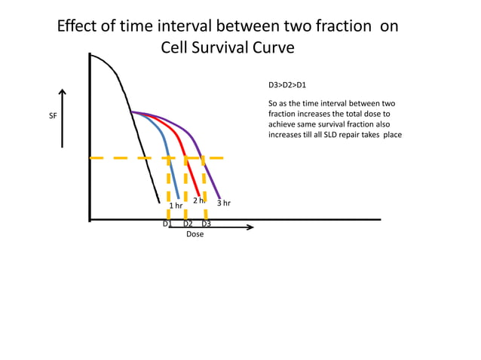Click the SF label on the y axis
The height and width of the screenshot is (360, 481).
(x=53, y=117)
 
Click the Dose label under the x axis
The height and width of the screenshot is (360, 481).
(x=195, y=234)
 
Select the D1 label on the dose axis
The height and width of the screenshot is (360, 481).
(x=167, y=224)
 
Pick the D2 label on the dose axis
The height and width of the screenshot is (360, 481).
(x=188, y=224)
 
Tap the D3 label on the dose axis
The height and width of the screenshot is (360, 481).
(x=206, y=224)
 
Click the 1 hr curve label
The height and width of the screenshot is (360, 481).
(x=176, y=206)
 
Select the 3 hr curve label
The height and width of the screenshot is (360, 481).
(x=224, y=203)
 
